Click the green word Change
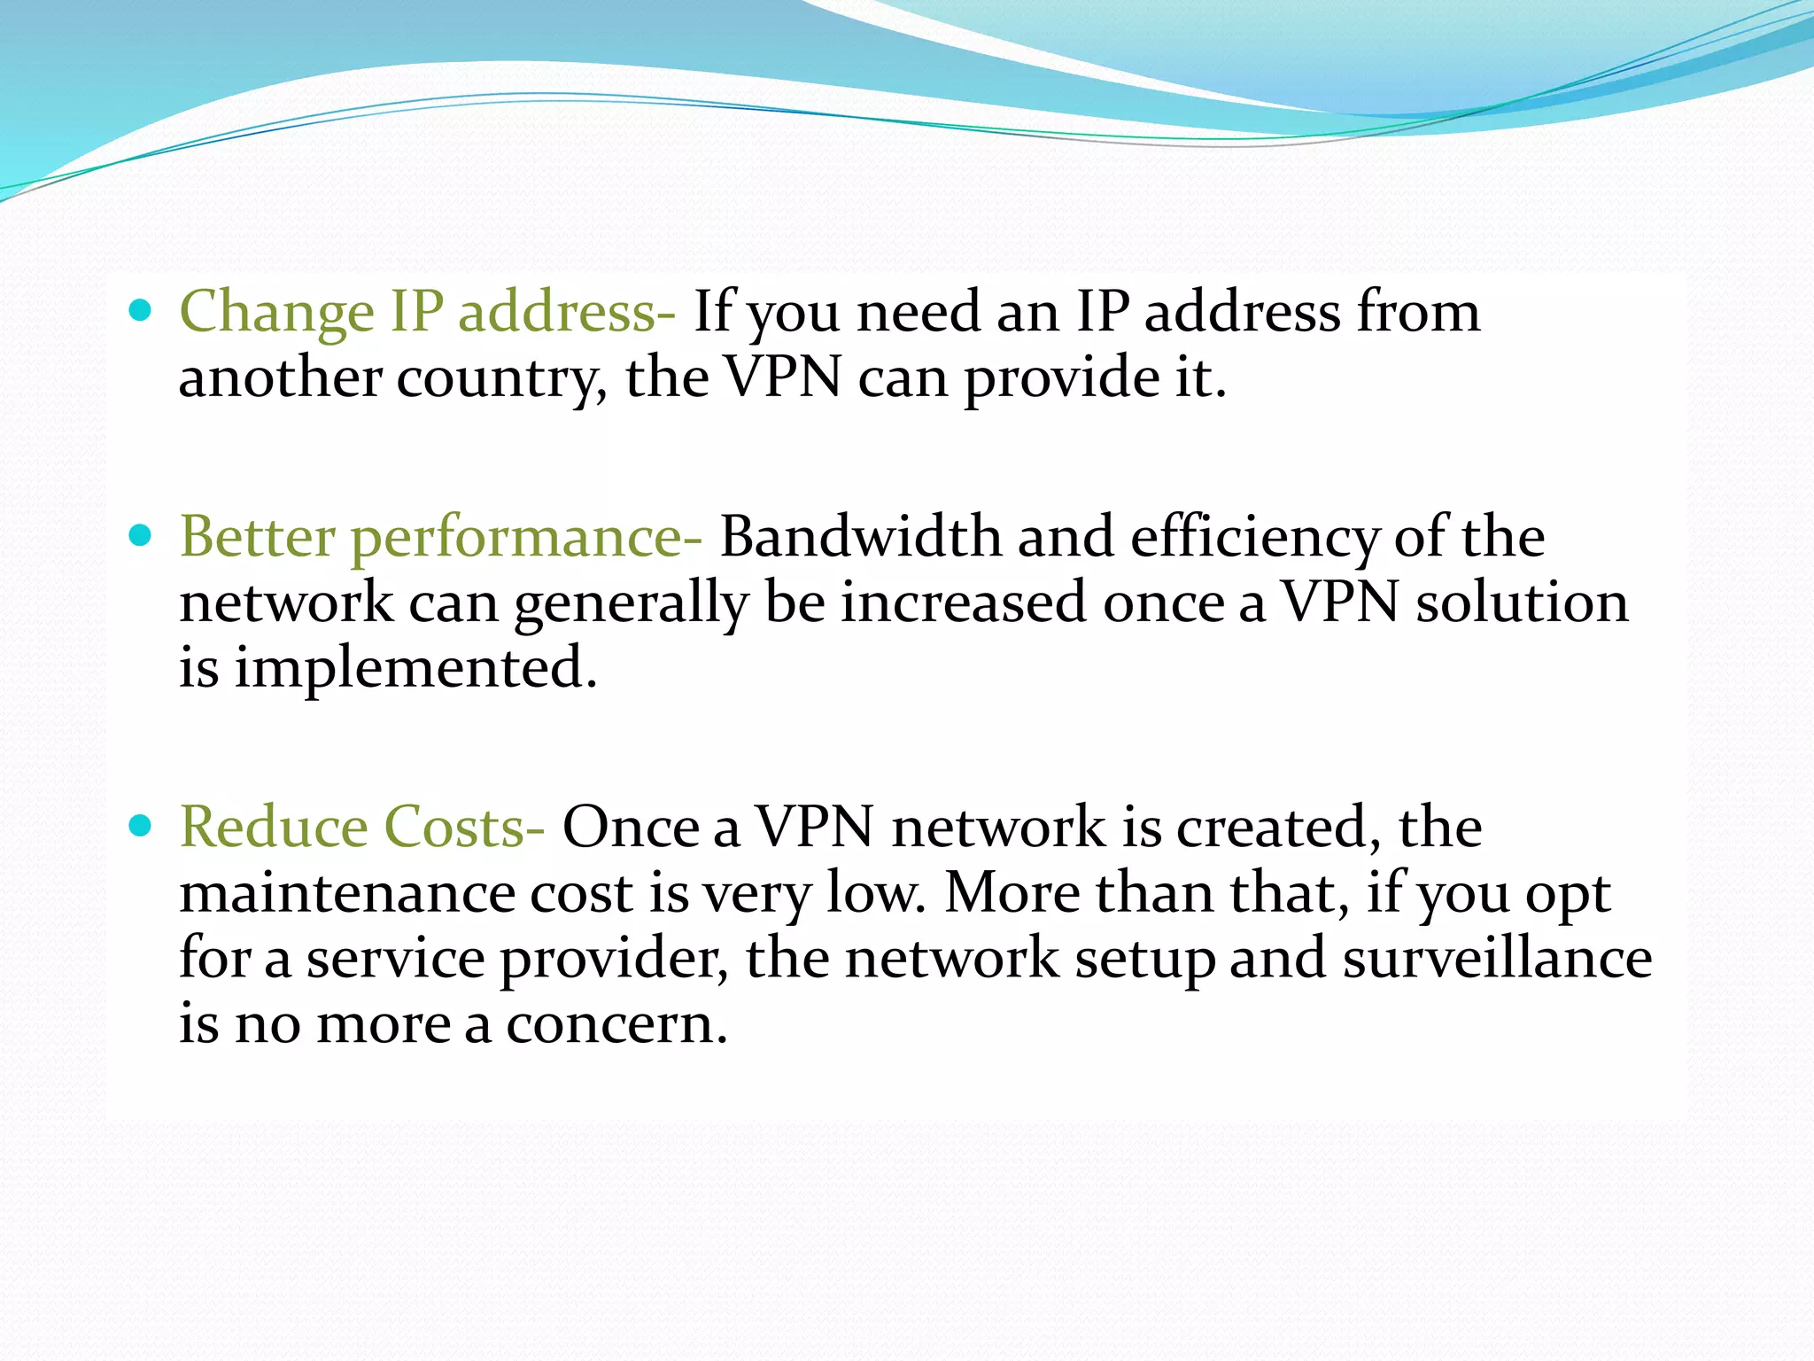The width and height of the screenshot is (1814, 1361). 276,314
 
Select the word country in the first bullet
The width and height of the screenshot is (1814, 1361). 501,379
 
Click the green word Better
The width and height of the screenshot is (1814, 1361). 258,537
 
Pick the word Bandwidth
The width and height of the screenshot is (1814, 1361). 860,537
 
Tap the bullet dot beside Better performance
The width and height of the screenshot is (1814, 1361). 140,535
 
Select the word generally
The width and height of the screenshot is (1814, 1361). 631,604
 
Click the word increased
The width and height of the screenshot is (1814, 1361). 963,603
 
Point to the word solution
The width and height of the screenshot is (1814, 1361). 1522,603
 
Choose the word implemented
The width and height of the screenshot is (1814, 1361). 415,670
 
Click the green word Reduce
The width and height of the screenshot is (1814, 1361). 274,828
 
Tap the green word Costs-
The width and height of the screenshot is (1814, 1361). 464,828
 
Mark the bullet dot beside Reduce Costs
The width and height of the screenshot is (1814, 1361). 140,826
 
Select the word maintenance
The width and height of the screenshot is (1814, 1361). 346,893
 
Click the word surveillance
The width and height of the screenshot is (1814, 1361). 1497,959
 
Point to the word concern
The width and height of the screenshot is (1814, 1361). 616,1026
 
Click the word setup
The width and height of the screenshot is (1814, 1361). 1144,960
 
